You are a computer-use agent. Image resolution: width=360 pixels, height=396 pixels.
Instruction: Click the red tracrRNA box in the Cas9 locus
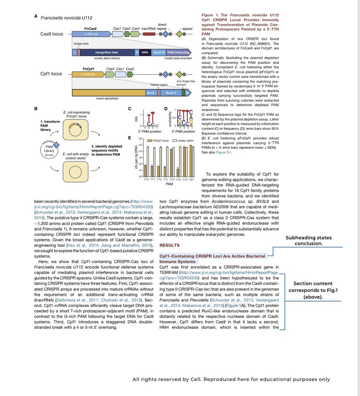(149, 34)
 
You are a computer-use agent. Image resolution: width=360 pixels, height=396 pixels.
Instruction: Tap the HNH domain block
(145, 52)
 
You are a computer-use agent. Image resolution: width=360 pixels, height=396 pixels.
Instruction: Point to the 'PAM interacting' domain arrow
(178, 52)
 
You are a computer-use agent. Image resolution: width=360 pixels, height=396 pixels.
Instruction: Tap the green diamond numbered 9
(180, 74)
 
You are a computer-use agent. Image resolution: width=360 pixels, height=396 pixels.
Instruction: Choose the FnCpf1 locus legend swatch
(150, 141)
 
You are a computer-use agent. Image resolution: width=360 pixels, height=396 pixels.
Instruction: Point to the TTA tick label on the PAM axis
(146, 180)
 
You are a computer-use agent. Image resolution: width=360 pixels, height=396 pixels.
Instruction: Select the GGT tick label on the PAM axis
(192, 180)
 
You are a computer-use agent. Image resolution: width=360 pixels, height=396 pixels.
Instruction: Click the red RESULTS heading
(169, 245)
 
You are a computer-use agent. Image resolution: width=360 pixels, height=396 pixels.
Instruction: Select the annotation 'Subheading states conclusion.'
(308, 241)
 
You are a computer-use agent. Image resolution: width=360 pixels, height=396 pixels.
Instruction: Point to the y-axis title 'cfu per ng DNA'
(136, 158)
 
